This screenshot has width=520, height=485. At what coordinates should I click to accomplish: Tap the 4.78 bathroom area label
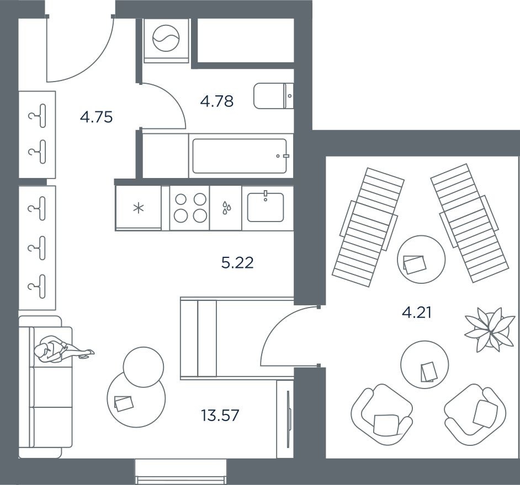click(x=217, y=101)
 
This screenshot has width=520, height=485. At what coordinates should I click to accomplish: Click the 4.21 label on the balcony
click(x=416, y=314)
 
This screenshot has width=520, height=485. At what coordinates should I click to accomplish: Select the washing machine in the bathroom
click(x=166, y=39)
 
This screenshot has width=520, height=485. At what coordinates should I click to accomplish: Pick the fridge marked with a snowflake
click(x=138, y=208)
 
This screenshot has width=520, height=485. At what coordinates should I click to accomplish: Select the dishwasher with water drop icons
click(x=225, y=208)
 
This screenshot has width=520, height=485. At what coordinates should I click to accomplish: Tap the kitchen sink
click(x=266, y=207)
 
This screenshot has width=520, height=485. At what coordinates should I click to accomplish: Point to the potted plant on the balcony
click(x=486, y=330)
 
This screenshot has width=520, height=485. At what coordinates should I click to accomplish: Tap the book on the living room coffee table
click(x=124, y=402)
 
